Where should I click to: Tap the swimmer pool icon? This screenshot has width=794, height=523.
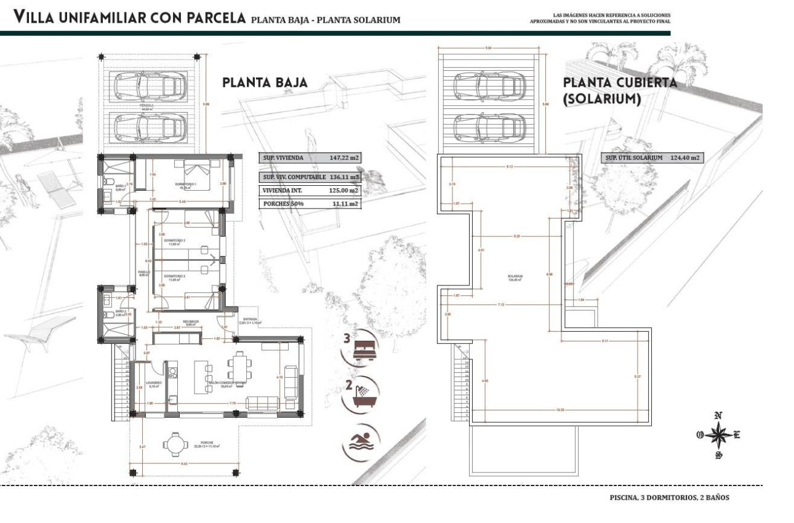click(359, 442)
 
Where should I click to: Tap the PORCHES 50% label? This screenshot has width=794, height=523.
click(281, 204)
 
